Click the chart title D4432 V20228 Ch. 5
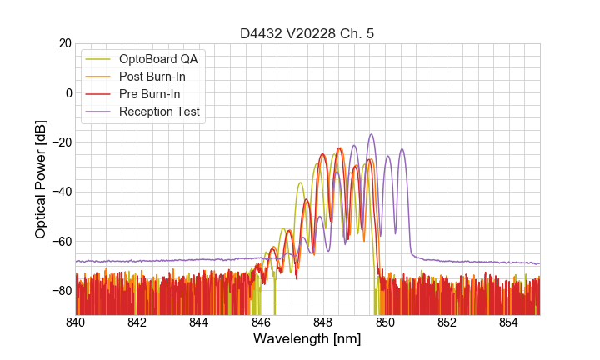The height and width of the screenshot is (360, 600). pyautogui.click(x=307, y=33)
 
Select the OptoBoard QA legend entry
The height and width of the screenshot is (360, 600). pyautogui.click(x=158, y=59)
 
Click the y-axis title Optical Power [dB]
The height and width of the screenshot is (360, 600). pyautogui.click(x=41, y=179)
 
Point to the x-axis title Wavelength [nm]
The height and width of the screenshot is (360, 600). pyautogui.click(x=307, y=339)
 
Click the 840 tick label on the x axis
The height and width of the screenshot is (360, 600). pyautogui.click(x=76, y=322)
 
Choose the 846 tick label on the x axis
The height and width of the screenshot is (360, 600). pyautogui.click(x=262, y=322)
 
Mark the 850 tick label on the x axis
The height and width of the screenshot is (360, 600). pyautogui.click(x=385, y=322)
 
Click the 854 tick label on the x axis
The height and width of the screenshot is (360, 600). pyautogui.click(x=509, y=322)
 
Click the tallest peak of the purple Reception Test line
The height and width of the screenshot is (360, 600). pyautogui.click(x=372, y=134)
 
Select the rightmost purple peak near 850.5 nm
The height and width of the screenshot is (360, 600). pyautogui.click(x=402, y=150)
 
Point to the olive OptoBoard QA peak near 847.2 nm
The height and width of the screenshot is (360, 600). pyautogui.click(x=299, y=182)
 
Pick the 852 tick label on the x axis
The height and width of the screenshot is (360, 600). pyautogui.click(x=447, y=322)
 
